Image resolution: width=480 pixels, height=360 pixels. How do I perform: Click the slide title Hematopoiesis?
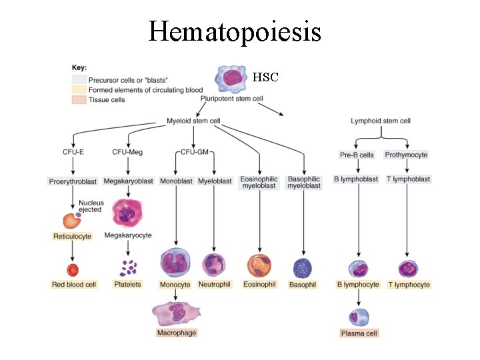(235, 31)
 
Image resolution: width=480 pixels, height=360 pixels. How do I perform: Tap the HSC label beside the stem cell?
(265, 77)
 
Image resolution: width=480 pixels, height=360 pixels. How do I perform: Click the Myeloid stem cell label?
(193, 121)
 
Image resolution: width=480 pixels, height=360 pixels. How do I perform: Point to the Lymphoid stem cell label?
(381, 121)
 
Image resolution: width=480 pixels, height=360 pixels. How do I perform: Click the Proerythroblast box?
(73, 181)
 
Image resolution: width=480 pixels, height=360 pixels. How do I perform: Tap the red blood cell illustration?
(73, 270)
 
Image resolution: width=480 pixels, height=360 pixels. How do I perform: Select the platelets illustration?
(128, 268)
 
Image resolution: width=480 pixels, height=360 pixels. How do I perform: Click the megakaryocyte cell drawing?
(127, 213)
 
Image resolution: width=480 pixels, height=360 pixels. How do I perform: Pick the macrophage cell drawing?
(177, 313)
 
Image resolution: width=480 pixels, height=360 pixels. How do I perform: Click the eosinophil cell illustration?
(259, 266)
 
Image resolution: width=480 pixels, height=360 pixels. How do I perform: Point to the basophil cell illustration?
(303, 267)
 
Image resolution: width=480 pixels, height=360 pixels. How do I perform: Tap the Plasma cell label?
(359, 333)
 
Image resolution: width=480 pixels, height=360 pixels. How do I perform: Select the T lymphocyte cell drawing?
(408, 269)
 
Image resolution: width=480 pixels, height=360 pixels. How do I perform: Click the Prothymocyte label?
(406, 155)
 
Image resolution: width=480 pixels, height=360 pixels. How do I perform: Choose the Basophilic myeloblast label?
(304, 183)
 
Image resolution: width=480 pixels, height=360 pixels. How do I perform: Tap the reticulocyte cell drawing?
(71, 221)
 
